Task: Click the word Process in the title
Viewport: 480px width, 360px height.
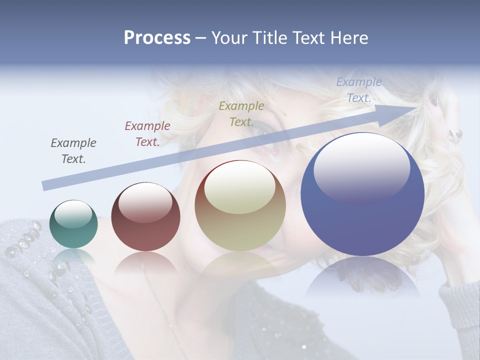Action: click(157, 38)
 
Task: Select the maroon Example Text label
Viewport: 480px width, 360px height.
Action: click(147, 134)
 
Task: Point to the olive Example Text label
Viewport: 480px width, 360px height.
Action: click(241, 114)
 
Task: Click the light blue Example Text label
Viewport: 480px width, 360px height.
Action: click(359, 90)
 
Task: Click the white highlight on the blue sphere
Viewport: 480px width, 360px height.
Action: click(361, 167)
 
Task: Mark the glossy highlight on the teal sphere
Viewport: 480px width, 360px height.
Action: click(73, 214)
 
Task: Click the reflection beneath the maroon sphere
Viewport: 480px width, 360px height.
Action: click(145, 262)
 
